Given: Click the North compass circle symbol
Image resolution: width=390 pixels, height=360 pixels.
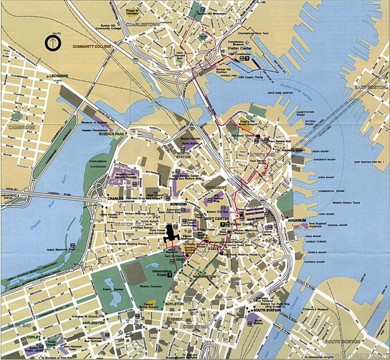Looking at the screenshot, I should coord(51,43).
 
